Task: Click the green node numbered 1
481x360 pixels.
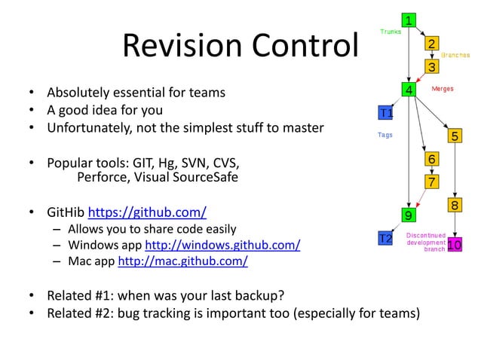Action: pyautogui.click(x=409, y=20)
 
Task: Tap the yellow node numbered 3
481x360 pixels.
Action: pyautogui.click(x=431, y=68)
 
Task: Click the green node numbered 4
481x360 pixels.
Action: pyautogui.click(x=409, y=90)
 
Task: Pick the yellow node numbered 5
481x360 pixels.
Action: pyautogui.click(x=455, y=136)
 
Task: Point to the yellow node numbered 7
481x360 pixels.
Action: pyautogui.click(x=431, y=182)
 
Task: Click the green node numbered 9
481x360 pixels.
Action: pyautogui.click(x=408, y=215)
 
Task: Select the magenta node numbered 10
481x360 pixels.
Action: pyautogui.click(x=455, y=245)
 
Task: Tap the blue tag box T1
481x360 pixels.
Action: pyautogui.click(x=385, y=113)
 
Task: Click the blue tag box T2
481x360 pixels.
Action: pyautogui.click(x=385, y=239)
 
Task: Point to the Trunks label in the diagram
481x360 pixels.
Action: pyautogui.click(x=391, y=32)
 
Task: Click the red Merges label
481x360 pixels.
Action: pyautogui.click(x=443, y=89)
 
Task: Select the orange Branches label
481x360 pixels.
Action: pyautogui.click(x=456, y=56)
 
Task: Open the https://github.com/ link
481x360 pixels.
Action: pyautogui.click(x=148, y=211)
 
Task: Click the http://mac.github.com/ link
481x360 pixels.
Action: pyautogui.click(x=182, y=262)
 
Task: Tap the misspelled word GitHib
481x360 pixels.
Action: pyautogui.click(x=66, y=211)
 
